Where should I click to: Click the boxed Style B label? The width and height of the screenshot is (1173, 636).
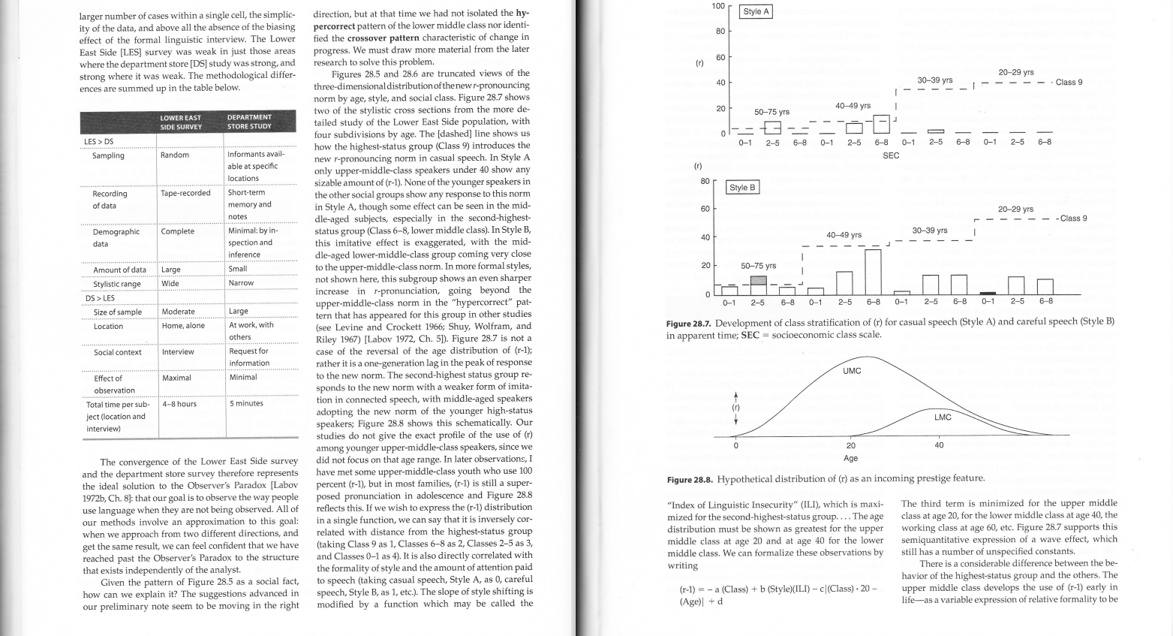coord(743,187)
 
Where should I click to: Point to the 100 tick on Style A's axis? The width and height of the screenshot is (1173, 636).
coord(717,6)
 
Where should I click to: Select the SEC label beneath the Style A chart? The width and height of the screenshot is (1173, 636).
coord(891,155)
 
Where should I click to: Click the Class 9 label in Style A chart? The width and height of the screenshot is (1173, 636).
coord(1069,83)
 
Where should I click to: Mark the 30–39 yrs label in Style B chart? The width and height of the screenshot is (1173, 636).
coord(930,230)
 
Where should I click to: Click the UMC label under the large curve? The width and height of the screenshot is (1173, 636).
coord(852,371)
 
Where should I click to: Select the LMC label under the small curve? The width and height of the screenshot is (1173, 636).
coord(943,417)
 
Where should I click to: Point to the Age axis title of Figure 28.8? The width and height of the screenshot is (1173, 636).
coord(850,458)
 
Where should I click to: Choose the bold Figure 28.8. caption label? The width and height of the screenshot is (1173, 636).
coord(690,479)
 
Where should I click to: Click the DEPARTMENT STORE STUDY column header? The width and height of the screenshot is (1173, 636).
coord(249,122)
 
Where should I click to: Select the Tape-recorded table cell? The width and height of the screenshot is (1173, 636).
coord(185,193)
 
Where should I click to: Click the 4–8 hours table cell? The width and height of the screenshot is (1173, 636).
coord(179,403)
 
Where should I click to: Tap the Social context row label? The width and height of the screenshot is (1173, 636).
coord(117,351)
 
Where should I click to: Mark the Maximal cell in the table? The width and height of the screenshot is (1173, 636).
coord(176,378)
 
